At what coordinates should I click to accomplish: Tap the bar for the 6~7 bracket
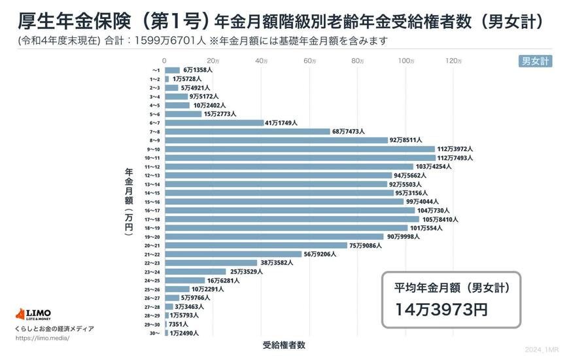click(x=214, y=122)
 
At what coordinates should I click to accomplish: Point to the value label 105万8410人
click(x=440, y=219)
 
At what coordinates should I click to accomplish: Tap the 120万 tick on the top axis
click(x=453, y=61)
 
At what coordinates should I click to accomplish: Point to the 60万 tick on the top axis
click(x=309, y=61)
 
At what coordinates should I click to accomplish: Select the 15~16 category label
click(x=154, y=202)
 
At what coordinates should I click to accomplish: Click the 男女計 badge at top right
click(x=535, y=62)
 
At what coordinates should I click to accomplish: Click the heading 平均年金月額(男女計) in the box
click(x=451, y=287)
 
